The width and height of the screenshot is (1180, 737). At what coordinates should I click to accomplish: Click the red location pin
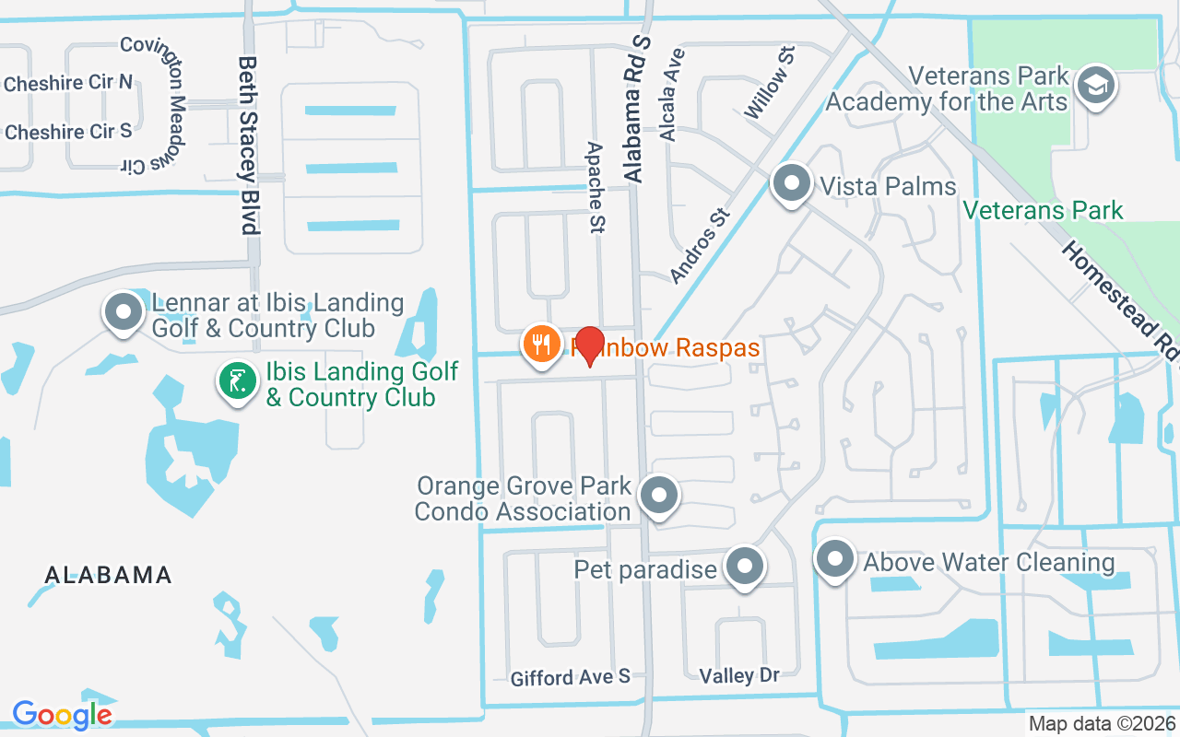pos(589,346)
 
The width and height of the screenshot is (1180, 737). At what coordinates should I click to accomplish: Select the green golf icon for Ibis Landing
pos(238,381)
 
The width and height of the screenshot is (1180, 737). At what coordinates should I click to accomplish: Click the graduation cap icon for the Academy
pos(1095,86)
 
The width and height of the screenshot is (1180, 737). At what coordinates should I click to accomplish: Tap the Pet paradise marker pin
pos(744,567)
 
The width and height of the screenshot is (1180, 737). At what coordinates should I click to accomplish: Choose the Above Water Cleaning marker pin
pos(835,559)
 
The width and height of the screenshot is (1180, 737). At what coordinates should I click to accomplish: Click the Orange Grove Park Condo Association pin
pos(658,496)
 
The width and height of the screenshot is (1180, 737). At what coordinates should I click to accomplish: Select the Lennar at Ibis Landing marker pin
pos(124,312)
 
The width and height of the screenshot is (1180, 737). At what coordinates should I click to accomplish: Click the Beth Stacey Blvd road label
pos(247,145)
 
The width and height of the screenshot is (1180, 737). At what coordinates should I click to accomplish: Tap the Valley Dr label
pos(739,675)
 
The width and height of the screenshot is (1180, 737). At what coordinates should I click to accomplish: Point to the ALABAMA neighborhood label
pos(109,575)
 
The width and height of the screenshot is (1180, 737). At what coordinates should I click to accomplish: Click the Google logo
pos(62,714)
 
